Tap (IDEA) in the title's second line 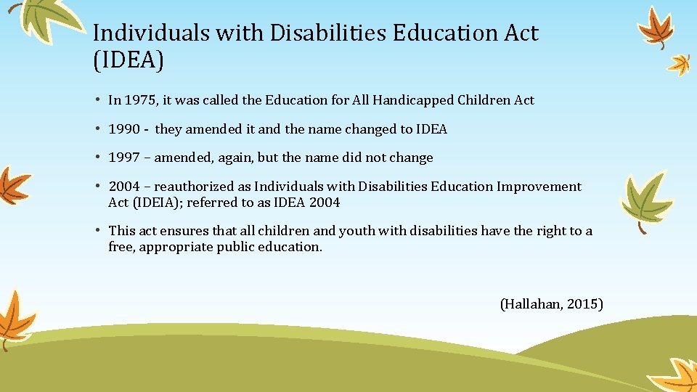pos(129,61)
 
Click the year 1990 pos(124,129)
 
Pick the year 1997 pos(124,158)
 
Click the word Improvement pos(539,187)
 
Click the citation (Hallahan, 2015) pos(552,304)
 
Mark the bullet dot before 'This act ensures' pos(97,231)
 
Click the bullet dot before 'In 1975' pos(97,100)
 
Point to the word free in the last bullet pos(121,247)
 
